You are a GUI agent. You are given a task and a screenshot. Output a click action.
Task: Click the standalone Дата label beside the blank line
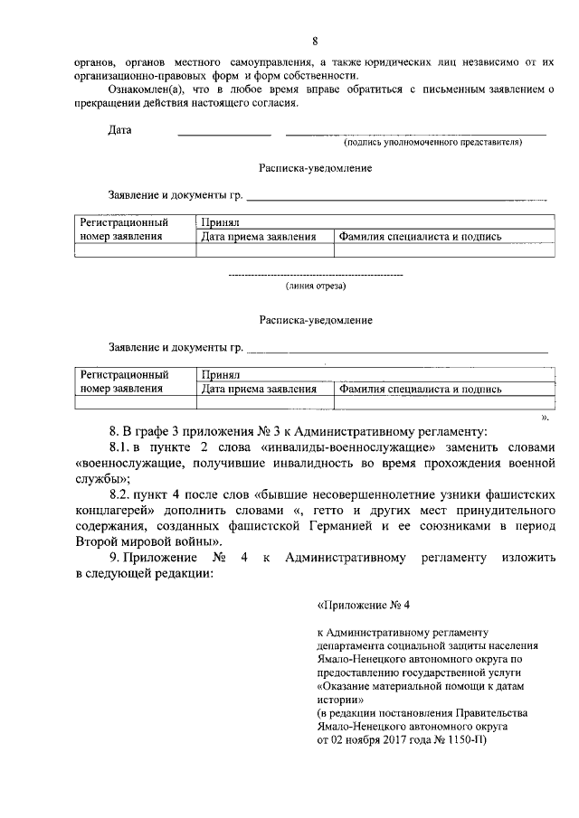pyautogui.click(x=120, y=130)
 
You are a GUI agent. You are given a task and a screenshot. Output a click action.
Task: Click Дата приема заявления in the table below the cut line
pyautogui.click(x=259, y=390)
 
